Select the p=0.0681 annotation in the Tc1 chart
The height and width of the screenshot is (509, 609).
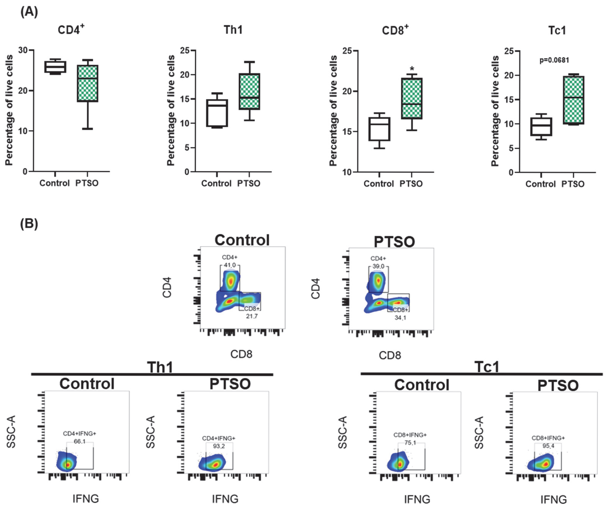point(554,60)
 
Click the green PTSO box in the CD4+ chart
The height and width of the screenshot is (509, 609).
point(88,83)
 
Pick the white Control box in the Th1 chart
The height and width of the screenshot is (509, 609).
point(217,113)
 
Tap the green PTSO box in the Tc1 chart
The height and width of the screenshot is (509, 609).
point(573,100)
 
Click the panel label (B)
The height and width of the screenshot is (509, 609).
point(29,224)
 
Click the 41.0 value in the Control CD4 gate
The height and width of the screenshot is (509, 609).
point(230,265)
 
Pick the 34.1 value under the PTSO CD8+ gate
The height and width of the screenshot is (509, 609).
point(400,318)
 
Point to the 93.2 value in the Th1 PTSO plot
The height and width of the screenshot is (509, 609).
point(219,446)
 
